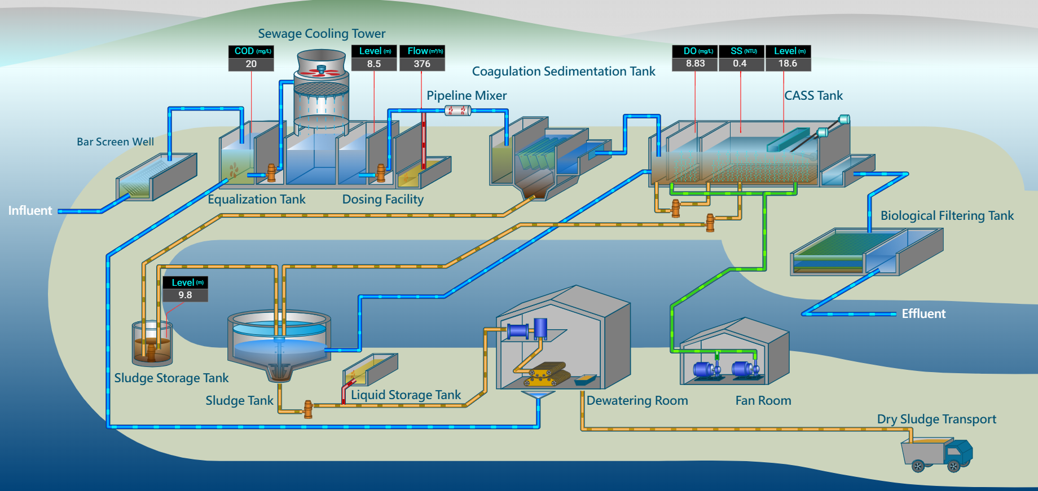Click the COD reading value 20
(x=251, y=64)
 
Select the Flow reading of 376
(x=422, y=64)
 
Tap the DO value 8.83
(x=695, y=64)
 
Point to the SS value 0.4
(x=740, y=64)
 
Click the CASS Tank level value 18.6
(x=788, y=64)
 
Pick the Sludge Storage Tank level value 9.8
(x=185, y=295)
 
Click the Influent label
(x=30, y=211)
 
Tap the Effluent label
(x=923, y=314)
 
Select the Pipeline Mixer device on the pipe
(x=458, y=110)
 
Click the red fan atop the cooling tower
(x=321, y=71)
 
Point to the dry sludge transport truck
(x=936, y=454)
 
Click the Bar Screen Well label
(x=115, y=142)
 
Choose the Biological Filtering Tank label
(x=947, y=216)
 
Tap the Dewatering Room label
(x=637, y=401)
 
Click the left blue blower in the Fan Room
(x=705, y=370)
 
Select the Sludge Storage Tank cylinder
(x=152, y=344)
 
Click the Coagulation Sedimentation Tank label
(x=563, y=72)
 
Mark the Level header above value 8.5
(x=374, y=51)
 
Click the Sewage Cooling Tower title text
(x=322, y=34)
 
